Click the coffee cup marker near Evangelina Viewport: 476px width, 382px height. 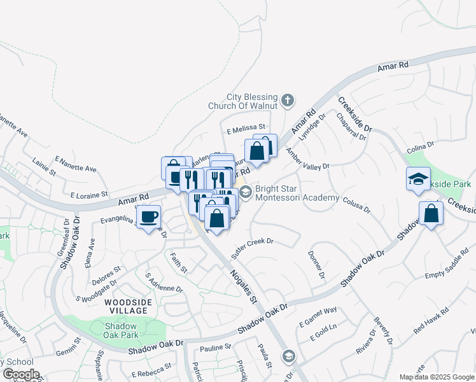149,216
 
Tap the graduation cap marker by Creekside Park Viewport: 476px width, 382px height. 418,179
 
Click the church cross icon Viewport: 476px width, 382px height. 288,99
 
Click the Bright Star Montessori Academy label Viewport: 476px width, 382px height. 297,194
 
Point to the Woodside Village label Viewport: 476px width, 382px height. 126,306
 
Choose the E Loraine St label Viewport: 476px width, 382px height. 89,195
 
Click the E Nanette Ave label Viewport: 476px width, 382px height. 75,164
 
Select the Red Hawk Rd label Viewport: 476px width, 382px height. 431,321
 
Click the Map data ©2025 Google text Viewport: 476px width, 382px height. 436,377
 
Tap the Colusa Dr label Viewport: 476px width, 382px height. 356,205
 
